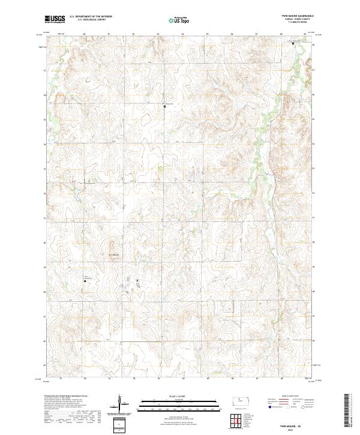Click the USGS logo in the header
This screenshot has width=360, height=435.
[55, 19]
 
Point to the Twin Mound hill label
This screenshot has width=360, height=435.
[113, 254]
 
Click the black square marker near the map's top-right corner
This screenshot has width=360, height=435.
[293, 44]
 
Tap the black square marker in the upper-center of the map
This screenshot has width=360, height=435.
[164, 107]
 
